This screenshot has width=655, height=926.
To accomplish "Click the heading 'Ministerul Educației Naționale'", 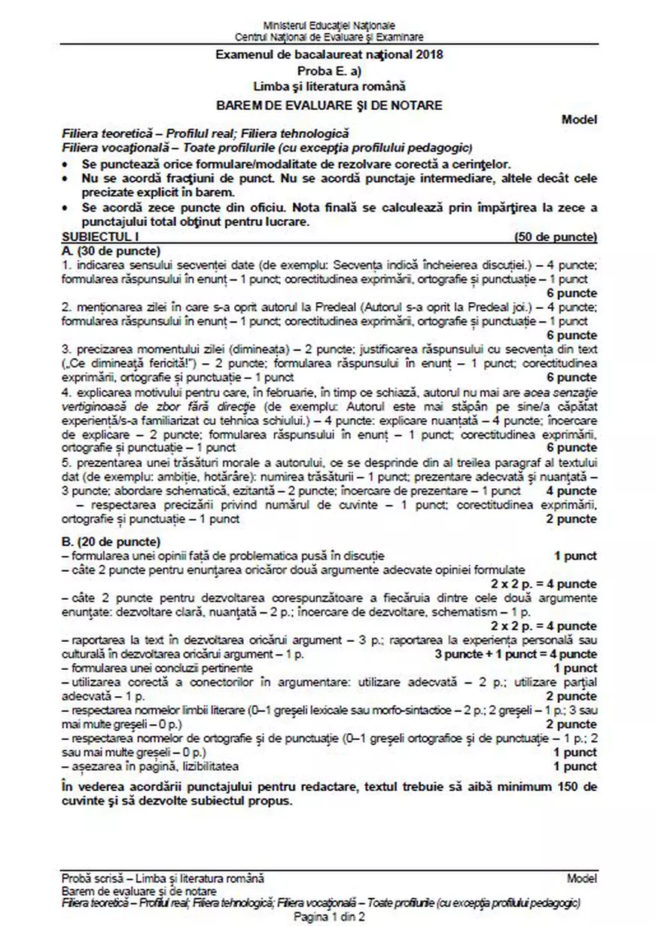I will pyautogui.click(x=329, y=26).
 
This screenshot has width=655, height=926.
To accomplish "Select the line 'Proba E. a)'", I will pyautogui.click(x=329, y=71).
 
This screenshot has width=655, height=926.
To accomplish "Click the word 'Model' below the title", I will pyautogui.click(x=580, y=119).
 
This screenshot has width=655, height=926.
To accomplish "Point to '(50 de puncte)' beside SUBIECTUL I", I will pyautogui.click(x=556, y=237).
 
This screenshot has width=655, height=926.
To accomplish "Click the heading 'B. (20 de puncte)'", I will pyautogui.click(x=111, y=542).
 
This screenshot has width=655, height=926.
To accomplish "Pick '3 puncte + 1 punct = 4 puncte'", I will pyautogui.click(x=516, y=654).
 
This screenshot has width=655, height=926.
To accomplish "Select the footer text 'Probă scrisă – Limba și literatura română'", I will pyautogui.click(x=163, y=879).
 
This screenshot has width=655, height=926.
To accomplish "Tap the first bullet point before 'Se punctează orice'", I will pyautogui.click(x=68, y=164).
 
